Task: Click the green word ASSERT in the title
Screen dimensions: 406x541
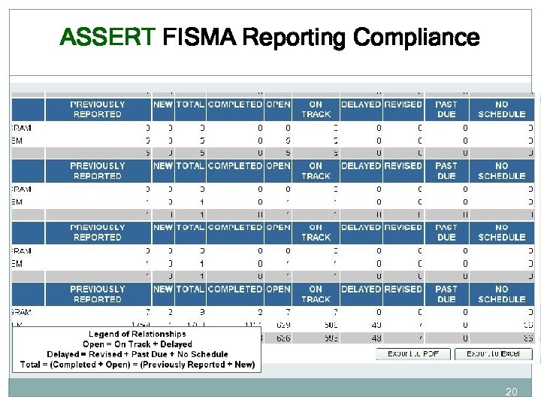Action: point(107,37)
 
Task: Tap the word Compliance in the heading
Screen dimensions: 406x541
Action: point(416,37)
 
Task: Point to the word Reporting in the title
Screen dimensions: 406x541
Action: point(296,37)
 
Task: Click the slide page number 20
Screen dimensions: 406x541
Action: point(512,392)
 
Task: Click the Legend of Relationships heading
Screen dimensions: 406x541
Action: point(138,334)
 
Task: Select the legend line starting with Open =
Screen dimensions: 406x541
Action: point(138,344)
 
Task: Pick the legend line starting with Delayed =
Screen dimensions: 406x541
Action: point(138,354)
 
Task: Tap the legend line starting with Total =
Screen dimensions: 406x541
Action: point(138,365)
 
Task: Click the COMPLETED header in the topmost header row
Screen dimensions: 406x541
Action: point(235,105)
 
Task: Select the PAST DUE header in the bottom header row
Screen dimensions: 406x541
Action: point(446,294)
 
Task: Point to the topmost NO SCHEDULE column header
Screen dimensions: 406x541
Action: point(501,109)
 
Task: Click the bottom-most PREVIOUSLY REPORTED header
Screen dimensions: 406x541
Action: point(98,294)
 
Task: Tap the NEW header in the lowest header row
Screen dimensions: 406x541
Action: point(163,289)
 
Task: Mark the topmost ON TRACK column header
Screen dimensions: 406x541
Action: point(316,109)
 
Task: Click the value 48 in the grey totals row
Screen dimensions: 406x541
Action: point(377,338)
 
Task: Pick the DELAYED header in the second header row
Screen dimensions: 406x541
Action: point(361,166)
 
